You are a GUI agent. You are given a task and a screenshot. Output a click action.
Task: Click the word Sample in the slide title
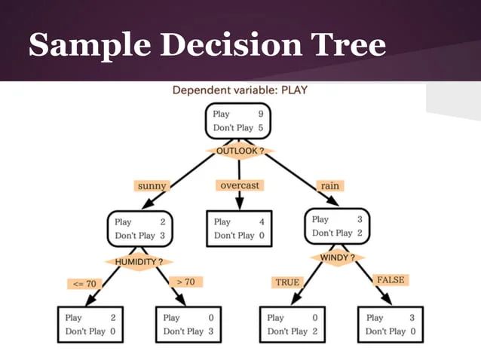(86, 45)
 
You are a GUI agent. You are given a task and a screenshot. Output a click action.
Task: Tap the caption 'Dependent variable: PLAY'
(240, 90)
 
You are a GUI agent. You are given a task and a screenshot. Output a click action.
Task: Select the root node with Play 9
(238, 121)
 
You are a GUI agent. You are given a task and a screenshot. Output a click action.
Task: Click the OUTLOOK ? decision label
(240, 151)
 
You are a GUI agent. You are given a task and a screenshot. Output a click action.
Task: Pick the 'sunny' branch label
(152, 185)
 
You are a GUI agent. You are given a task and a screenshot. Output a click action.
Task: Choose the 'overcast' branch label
(240, 185)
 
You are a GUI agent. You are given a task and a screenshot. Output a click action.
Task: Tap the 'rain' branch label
(329, 185)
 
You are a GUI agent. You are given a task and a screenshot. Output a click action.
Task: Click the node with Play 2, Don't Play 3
(140, 229)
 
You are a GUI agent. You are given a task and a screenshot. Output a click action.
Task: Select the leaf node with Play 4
(240, 229)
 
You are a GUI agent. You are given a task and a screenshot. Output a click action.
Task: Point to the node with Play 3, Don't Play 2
(338, 227)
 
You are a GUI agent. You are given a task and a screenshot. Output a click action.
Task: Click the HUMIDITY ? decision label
(139, 261)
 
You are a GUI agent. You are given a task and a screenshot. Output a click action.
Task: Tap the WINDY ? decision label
(337, 258)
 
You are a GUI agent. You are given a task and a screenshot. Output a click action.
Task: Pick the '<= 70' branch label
(84, 284)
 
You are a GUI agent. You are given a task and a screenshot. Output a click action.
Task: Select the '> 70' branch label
(185, 282)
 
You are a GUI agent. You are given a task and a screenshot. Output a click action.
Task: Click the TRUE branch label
(287, 282)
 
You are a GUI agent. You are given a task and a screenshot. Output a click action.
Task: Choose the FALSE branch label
(390, 280)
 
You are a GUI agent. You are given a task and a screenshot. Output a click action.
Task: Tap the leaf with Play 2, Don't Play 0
(90, 325)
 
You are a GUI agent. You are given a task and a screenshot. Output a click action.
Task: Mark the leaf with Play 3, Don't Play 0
(391, 325)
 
